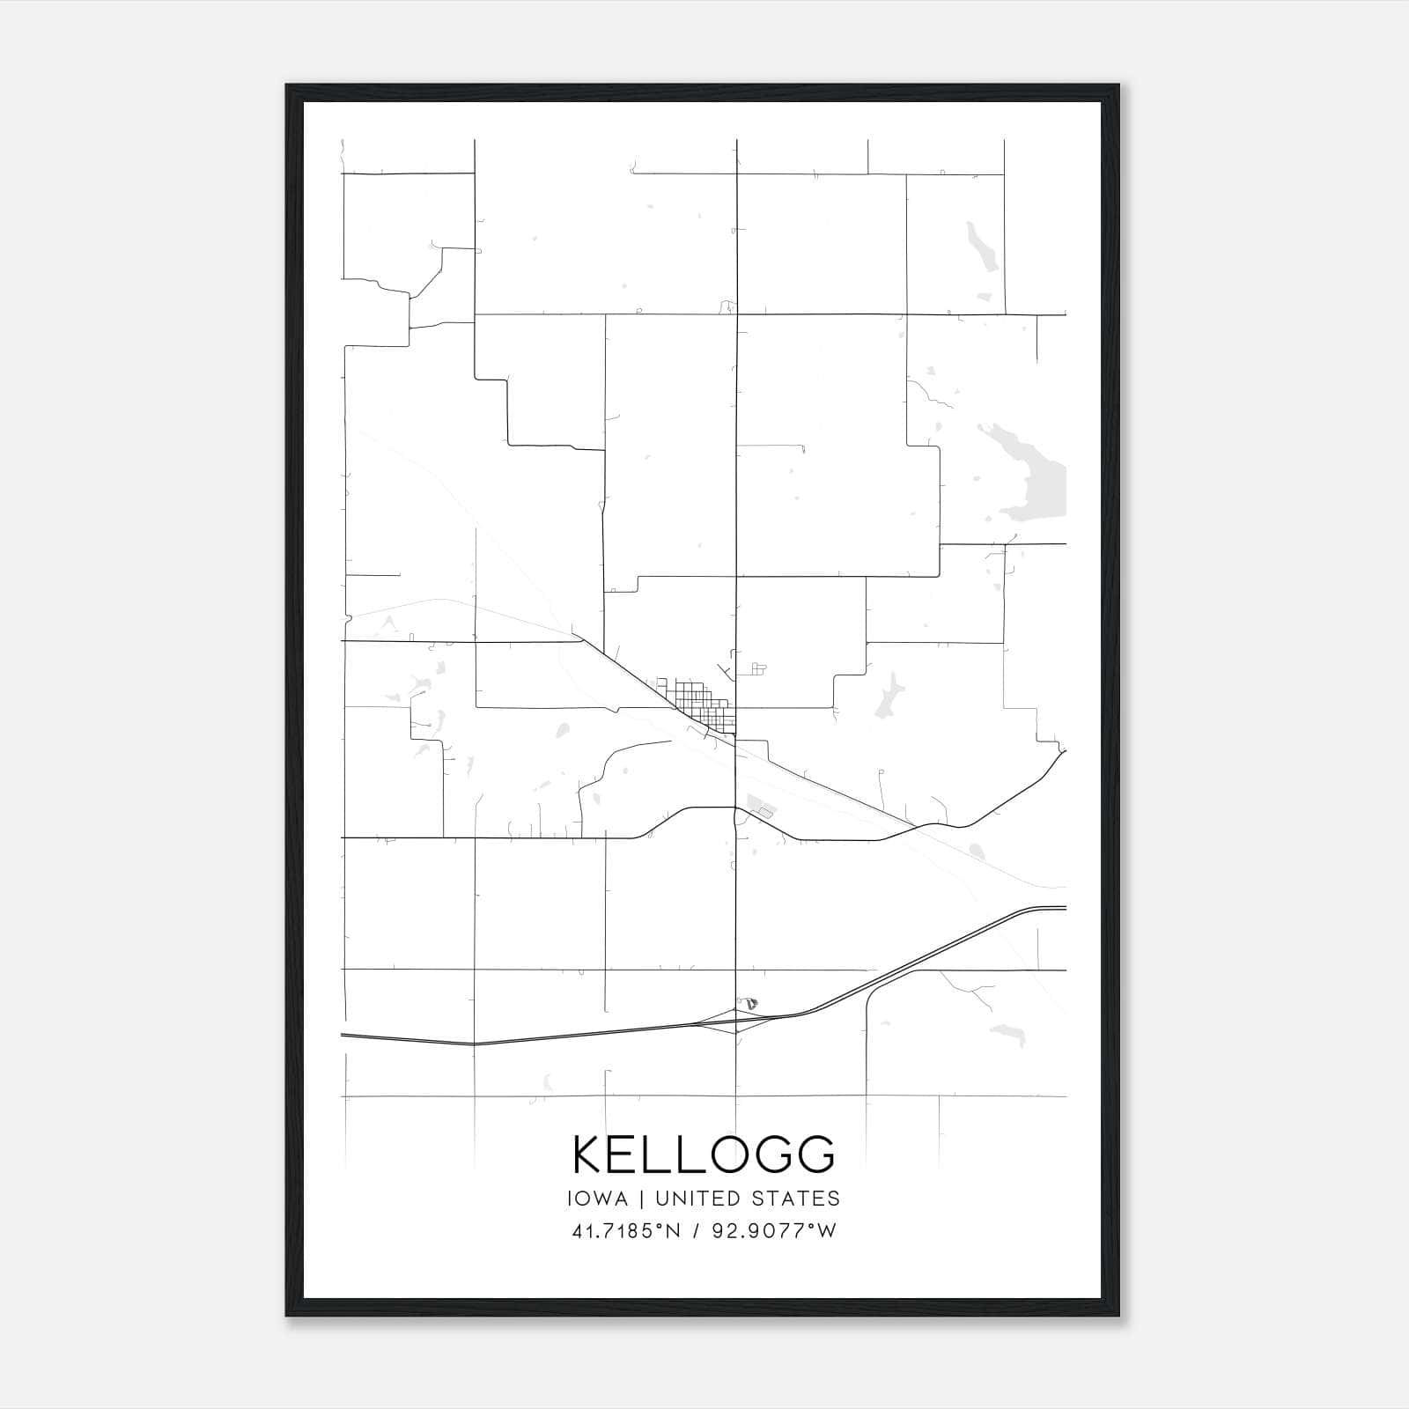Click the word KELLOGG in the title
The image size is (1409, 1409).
click(704, 1154)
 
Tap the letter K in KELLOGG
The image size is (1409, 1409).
click(588, 1154)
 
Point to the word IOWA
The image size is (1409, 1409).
click(598, 1199)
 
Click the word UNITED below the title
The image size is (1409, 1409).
click(701, 1199)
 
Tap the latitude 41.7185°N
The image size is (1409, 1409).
click(626, 1231)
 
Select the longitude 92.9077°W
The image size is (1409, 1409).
click(778, 1231)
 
